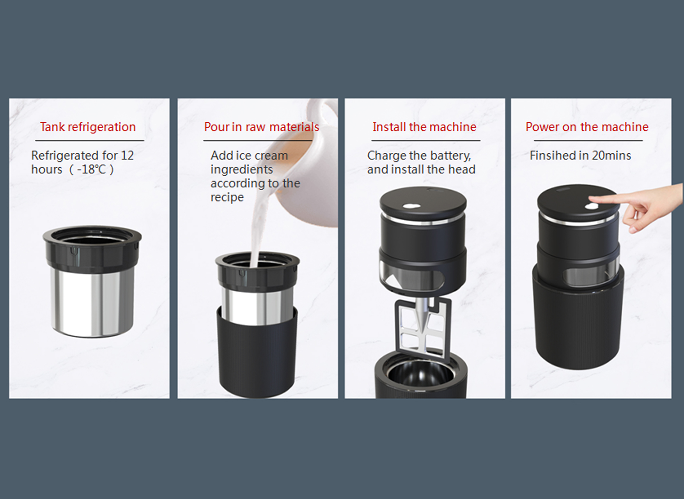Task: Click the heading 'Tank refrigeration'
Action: click(x=88, y=127)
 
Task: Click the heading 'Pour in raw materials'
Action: click(x=262, y=127)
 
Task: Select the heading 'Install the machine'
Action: click(x=424, y=127)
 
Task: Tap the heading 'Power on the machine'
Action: click(x=587, y=127)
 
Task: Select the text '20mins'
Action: click(x=611, y=156)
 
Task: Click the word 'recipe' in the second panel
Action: click(x=227, y=198)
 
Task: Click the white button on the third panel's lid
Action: click(x=411, y=206)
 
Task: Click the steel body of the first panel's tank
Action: click(x=92, y=302)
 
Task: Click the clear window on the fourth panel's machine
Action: click(x=590, y=274)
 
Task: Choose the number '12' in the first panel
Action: click(x=127, y=156)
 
